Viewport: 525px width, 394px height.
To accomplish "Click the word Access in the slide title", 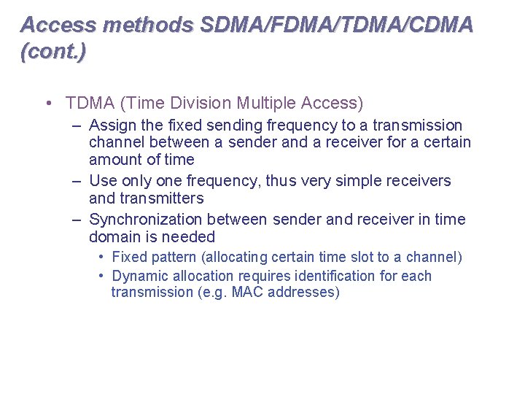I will pos(58,25).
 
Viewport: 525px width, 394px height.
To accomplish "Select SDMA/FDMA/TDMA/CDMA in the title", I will pos(336,25).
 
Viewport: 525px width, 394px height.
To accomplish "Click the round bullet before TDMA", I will pos(47,103).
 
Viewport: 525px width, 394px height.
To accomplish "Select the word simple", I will pos(342,180).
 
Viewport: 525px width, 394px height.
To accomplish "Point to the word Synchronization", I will pos(146,220).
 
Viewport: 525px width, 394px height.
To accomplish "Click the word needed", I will pos(190,237).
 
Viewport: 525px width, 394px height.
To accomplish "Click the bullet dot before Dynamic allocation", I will pos(102,276).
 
